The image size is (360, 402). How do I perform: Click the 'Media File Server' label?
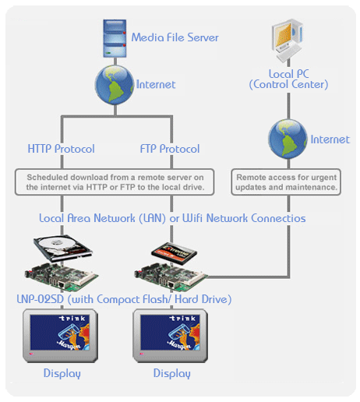175,37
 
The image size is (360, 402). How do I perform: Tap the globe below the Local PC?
284,139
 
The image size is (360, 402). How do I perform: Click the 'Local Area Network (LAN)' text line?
171,218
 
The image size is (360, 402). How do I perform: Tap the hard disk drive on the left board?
61,249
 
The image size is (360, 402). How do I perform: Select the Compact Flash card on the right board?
173,252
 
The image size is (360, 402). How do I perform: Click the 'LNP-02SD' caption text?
124,299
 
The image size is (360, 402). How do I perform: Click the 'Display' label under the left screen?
62,373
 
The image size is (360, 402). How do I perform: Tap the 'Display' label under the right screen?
171,373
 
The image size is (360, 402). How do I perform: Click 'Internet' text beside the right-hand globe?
330,139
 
